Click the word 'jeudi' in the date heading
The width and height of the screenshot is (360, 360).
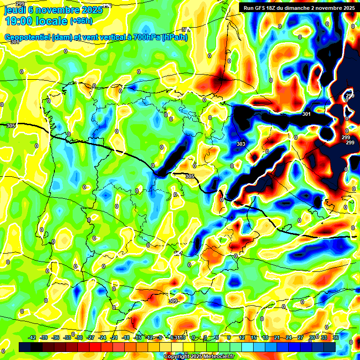coord(15,9)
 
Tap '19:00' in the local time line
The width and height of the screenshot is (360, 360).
coord(19,21)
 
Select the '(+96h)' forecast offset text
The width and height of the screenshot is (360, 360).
coord(81,21)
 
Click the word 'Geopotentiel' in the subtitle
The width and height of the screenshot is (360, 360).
coord(27,37)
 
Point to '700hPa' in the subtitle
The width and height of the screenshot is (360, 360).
coord(146,37)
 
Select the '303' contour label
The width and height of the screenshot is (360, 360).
coord(241,144)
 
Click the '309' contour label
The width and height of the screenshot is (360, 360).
coord(173,301)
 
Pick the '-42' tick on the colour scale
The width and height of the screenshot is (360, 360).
coord(32,337)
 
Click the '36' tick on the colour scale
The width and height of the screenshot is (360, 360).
coord(336,337)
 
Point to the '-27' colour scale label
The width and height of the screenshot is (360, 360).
coord(91,337)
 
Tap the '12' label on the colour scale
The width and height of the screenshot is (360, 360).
coord(242,337)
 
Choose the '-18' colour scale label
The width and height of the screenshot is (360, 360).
coord(126,337)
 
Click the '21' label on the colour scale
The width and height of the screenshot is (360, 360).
coord(277,337)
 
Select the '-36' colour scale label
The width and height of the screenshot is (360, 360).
coord(56,337)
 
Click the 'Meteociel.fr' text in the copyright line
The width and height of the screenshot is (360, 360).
coord(219,357)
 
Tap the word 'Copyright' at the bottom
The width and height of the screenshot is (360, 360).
coord(177,357)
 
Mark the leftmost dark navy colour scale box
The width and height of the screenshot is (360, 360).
coord(25,347)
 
